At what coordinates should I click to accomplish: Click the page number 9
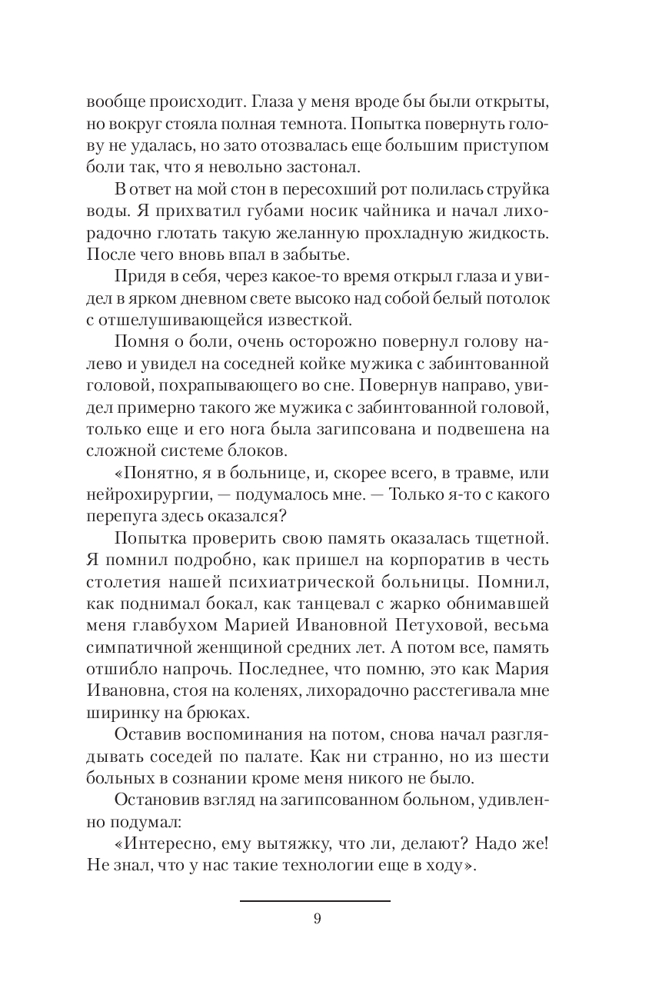(x=317, y=919)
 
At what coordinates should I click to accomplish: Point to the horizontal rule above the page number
(x=315, y=900)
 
